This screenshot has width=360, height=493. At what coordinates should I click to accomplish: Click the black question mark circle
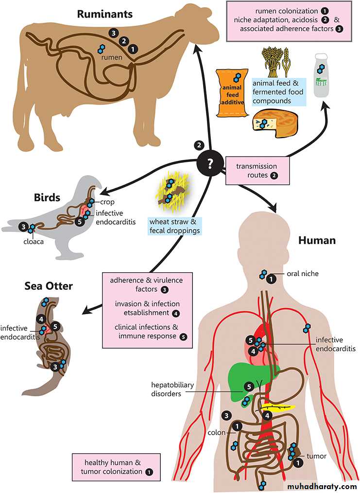[x=210, y=163]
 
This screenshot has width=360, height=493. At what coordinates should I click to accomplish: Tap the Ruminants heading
[x=105, y=14]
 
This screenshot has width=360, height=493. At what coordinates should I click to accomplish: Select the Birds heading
[x=47, y=197]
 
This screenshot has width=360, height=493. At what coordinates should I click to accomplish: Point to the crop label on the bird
[x=107, y=202]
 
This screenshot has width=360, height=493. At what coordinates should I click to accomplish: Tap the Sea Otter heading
[x=49, y=285]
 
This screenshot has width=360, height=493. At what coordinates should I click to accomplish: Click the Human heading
[x=316, y=240]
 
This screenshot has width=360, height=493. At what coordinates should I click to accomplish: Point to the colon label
[x=217, y=432]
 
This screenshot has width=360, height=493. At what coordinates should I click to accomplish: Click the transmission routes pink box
[x=257, y=170]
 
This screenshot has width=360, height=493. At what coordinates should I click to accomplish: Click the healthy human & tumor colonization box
[x=116, y=467]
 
